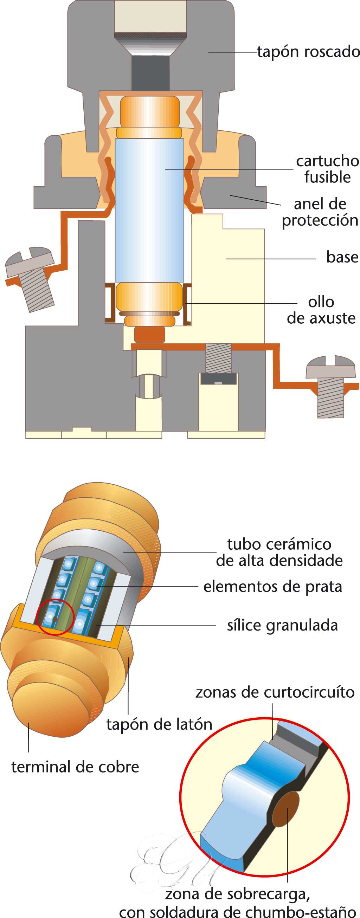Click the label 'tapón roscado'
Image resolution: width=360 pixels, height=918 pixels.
(308, 52)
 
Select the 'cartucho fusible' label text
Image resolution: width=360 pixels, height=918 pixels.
(327, 169)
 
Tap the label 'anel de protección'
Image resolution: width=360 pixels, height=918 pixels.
(320, 212)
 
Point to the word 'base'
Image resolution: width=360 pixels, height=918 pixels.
(342, 257)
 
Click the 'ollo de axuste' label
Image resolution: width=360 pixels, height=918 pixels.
(321, 310)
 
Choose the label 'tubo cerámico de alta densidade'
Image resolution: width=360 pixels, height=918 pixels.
(279, 552)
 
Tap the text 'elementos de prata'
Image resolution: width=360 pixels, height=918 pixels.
(272, 586)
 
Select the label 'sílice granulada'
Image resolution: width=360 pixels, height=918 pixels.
(282, 625)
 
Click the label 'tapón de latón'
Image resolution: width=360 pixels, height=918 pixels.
(159, 724)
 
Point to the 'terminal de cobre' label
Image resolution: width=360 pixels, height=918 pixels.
(75, 767)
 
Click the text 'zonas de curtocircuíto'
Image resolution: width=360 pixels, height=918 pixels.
(275, 692)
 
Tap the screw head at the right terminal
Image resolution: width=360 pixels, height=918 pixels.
(330, 367)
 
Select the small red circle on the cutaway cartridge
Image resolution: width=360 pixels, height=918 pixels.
(55, 617)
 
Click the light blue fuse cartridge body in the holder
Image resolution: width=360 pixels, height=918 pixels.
(149, 210)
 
